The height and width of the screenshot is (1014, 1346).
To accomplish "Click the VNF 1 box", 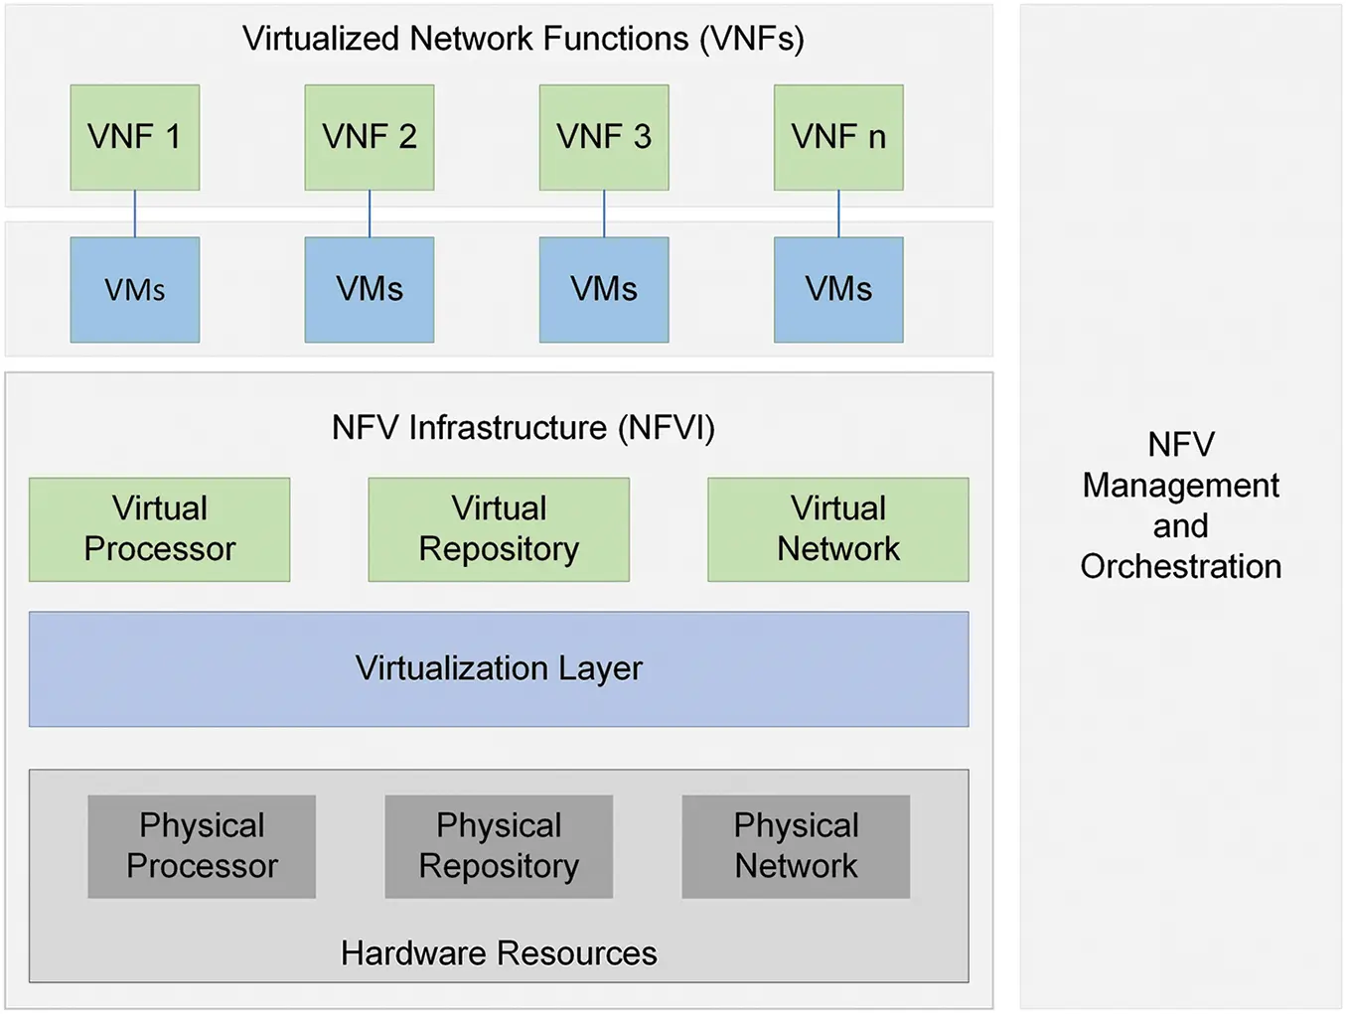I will point(135,137).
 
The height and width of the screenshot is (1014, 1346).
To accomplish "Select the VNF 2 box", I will point(370,137).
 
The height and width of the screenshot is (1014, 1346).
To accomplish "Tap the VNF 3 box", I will point(604,137).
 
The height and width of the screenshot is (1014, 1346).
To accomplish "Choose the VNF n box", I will point(838,137).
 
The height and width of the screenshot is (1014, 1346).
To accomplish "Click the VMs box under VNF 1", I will point(135,290).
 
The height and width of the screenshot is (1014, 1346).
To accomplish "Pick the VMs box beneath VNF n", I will point(838,290).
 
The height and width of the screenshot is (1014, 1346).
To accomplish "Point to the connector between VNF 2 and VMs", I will point(370,214).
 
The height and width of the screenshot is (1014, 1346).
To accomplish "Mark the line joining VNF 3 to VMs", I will point(604,214).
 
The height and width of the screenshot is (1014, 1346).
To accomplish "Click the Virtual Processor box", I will point(160,529).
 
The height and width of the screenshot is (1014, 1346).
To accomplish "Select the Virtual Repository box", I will point(499,529).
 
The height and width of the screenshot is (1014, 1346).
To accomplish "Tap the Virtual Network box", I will point(838,529).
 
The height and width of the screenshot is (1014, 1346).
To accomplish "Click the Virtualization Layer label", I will point(499,668).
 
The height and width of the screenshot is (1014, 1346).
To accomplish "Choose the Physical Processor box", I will point(202,846).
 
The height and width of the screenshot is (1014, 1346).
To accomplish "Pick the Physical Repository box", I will point(499,846).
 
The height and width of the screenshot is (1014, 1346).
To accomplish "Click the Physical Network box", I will point(796,846).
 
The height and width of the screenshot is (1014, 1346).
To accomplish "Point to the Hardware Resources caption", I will point(499,953).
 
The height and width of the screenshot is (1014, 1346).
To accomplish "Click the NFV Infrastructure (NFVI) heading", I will point(523,428).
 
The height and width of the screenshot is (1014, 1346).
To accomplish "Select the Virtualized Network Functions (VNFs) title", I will point(523,39).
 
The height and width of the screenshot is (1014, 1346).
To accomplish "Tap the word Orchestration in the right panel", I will point(1180,566).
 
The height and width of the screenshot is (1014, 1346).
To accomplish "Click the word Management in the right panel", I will point(1180,485).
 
